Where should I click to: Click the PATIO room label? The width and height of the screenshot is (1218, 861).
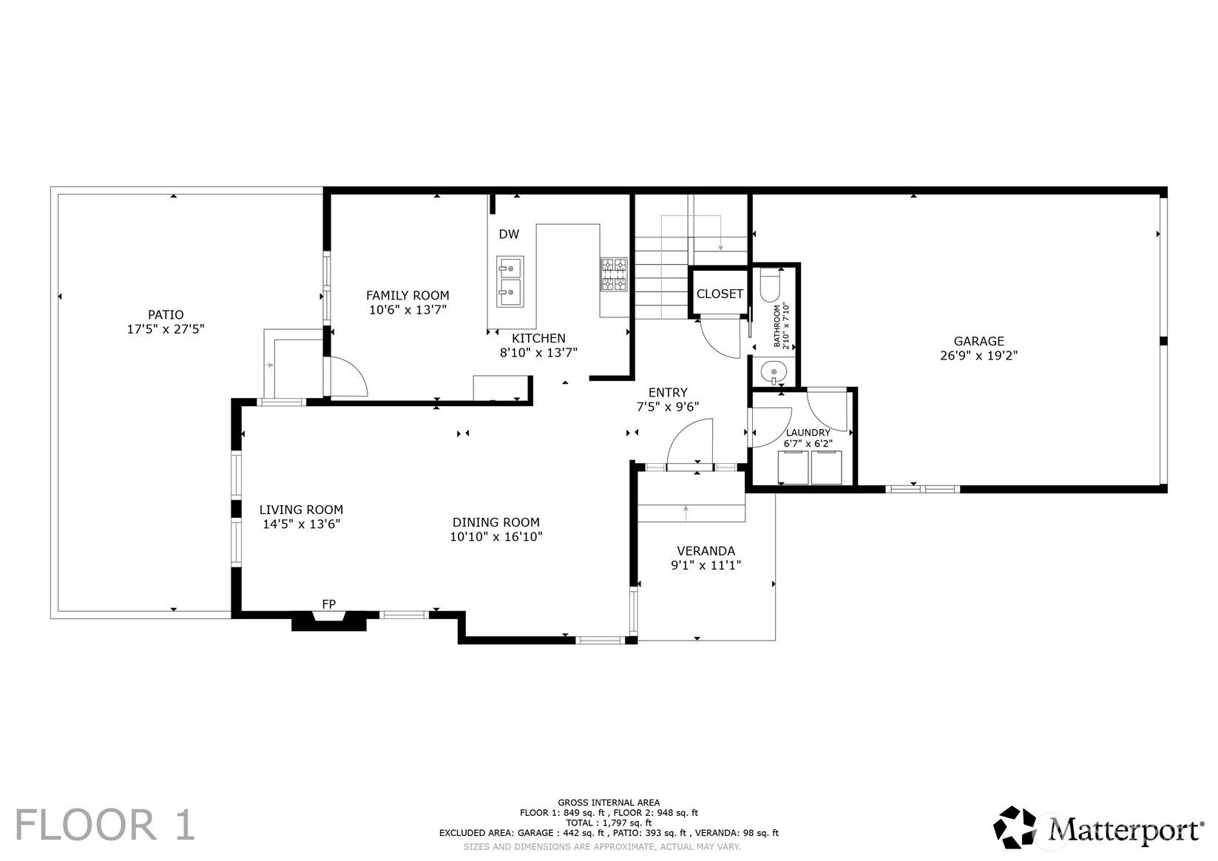click(x=166, y=314)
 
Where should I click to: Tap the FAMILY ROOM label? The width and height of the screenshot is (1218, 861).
click(x=407, y=295)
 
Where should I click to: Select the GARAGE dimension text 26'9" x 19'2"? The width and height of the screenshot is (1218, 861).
click(x=978, y=356)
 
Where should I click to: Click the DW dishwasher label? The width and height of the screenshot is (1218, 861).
click(x=509, y=234)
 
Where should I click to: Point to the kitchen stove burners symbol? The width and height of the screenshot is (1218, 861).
click(x=614, y=274)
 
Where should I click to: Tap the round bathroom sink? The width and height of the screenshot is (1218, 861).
click(x=774, y=372)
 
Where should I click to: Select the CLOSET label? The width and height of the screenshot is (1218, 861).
click(x=720, y=294)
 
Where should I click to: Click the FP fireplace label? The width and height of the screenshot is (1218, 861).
click(x=329, y=604)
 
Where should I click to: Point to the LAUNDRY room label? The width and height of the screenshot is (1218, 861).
click(x=808, y=433)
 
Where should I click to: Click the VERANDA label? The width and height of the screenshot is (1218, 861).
click(x=706, y=551)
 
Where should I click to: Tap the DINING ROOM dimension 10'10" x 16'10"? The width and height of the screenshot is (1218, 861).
click(x=496, y=537)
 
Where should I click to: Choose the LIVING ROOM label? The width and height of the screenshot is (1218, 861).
click(x=301, y=510)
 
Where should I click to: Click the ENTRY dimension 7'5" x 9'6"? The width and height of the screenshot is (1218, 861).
click(x=668, y=406)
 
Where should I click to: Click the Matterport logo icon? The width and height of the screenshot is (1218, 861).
click(x=1015, y=828)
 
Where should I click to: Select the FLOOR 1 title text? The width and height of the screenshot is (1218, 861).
click(x=104, y=825)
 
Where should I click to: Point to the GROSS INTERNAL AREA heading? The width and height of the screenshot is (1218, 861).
click(x=609, y=803)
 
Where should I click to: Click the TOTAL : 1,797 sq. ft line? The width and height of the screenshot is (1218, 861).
click(x=609, y=823)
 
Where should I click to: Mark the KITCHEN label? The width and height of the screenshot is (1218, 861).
click(x=538, y=338)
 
